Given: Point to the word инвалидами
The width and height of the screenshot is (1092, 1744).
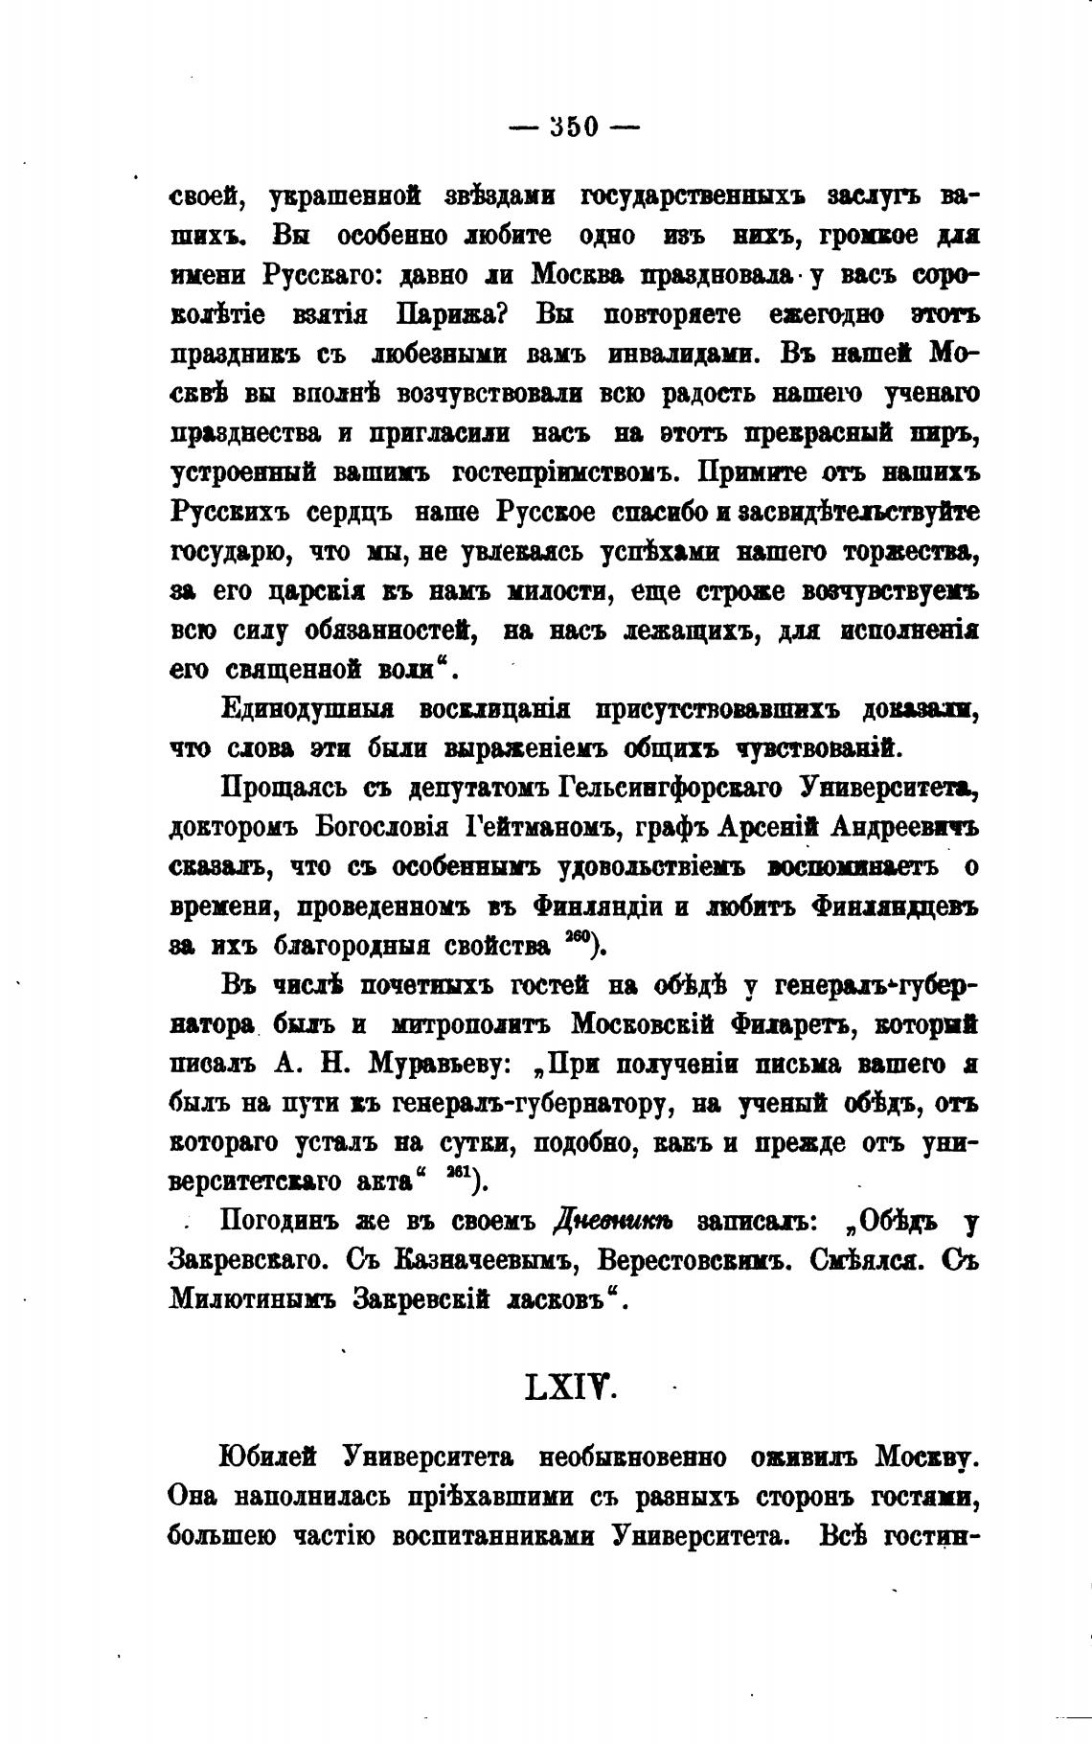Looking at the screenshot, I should [680, 354].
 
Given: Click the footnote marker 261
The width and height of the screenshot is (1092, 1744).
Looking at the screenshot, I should [460, 1176].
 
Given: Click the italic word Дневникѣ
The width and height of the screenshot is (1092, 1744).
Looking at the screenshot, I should [613, 1223].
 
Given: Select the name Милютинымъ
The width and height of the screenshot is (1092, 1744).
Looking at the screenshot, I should [253, 1300].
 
